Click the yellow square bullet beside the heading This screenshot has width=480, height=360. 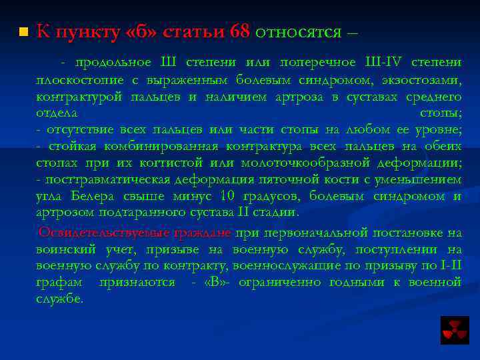23,32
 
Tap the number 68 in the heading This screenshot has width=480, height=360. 239,31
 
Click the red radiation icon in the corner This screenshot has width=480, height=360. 455,329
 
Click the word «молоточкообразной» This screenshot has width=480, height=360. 309,163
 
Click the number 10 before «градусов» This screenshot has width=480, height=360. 228,196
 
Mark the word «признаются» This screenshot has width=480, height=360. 137,283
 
